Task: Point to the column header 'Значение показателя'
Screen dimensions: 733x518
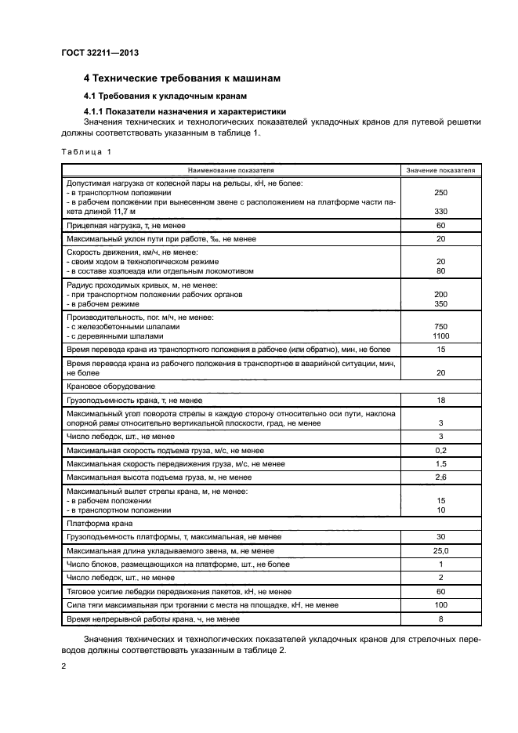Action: point(440,169)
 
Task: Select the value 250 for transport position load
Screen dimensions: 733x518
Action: point(440,192)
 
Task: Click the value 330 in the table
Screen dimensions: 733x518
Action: point(440,212)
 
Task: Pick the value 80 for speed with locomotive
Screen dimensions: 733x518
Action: point(440,271)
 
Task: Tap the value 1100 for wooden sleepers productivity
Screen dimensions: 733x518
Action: point(440,336)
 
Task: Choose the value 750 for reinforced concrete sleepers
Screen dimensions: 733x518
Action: point(440,326)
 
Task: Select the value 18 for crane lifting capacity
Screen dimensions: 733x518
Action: point(440,399)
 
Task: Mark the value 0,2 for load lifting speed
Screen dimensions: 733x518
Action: point(440,451)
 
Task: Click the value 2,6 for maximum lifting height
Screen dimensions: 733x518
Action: point(440,477)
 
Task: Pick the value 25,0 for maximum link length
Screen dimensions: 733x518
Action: point(440,551)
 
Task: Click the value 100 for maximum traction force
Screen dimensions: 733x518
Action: point(440,605)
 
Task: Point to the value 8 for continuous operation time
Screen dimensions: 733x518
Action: point(440,619)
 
